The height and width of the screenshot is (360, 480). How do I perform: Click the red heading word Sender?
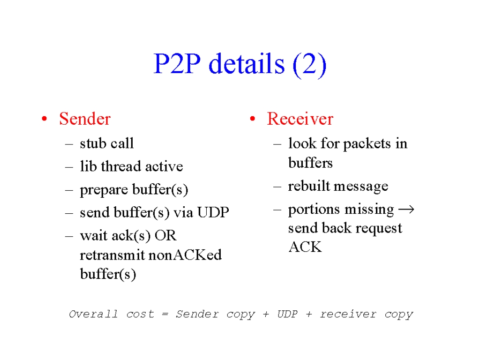(x=85, y=119)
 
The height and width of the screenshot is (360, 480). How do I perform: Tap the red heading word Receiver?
(x=300, y=119)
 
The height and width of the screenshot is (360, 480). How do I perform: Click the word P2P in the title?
(x=177, y=64)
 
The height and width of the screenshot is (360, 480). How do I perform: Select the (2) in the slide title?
(x=309, y=64)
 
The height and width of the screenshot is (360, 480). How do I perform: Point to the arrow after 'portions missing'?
(x=406, y=210)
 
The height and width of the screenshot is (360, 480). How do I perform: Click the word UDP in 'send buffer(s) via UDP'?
(x=213, y=212)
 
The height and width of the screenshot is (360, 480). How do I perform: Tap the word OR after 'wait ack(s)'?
(x=165, y=236)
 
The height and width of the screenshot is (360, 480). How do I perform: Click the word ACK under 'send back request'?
(x=305, y=247)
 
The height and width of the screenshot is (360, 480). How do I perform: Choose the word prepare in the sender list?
(x=104, y=190)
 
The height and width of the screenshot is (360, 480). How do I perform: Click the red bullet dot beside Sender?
(x=45, y=119)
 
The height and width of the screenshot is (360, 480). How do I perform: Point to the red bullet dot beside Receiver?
(x=253, y=119)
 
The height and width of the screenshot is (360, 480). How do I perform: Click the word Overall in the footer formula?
(x=93, y=314)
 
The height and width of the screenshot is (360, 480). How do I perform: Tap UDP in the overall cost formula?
(x=287, y=314)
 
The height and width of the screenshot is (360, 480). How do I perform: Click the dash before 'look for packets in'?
(x=277, y=144)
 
